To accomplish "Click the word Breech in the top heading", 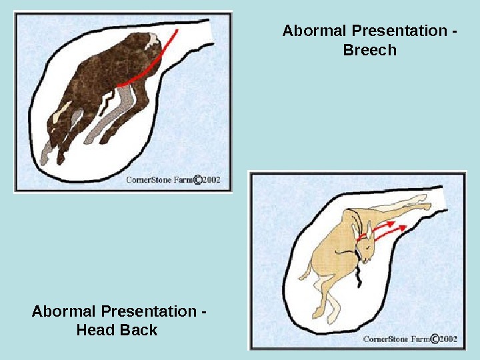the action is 369,50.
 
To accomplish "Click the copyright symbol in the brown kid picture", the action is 197,179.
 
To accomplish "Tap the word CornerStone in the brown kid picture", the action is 151,180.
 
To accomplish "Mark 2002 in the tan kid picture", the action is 449,339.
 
